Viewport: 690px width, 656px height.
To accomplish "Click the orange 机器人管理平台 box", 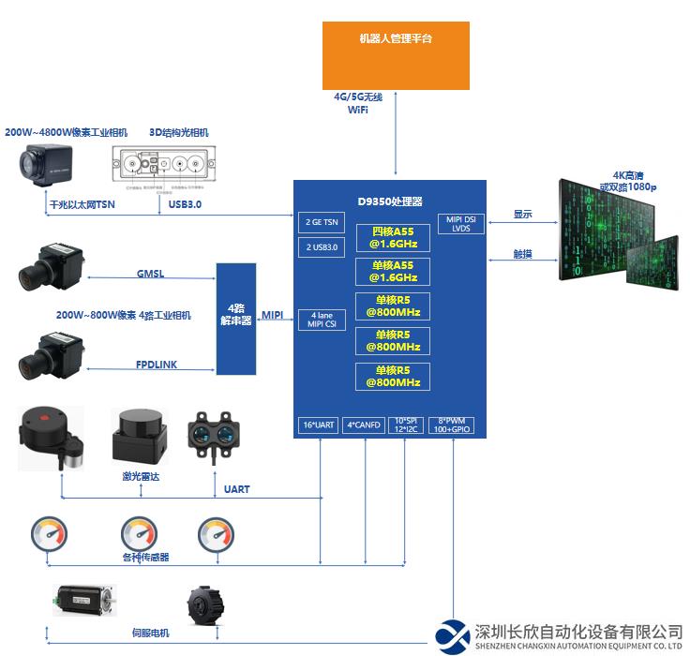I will coord(396,53).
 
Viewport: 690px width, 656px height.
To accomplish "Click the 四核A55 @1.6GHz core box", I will coord(393,237).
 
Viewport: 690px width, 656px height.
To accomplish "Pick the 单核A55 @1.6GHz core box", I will coord(393,272).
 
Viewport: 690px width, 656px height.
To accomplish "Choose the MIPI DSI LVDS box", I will coord(460,224).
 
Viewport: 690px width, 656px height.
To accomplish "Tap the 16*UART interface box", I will coord(319,425).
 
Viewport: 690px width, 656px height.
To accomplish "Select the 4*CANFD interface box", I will coord(363,425).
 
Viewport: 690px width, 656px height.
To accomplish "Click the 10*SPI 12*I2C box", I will coord(405,425).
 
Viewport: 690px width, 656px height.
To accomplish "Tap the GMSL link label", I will coord(151,275).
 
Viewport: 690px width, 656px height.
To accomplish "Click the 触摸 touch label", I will coord(522,253).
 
